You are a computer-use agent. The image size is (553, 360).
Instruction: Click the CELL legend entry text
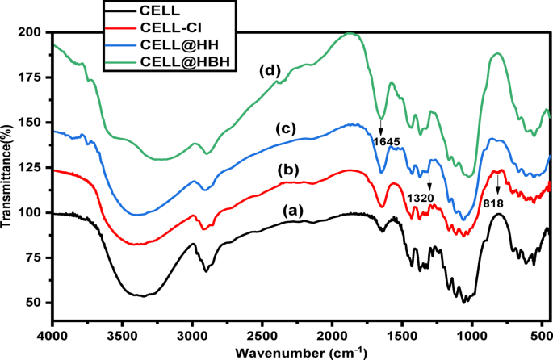point(159,10)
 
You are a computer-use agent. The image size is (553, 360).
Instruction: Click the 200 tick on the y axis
point(31,33)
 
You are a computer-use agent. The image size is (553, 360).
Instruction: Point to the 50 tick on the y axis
point(34,303)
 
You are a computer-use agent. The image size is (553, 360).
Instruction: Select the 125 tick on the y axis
point(31,168)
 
